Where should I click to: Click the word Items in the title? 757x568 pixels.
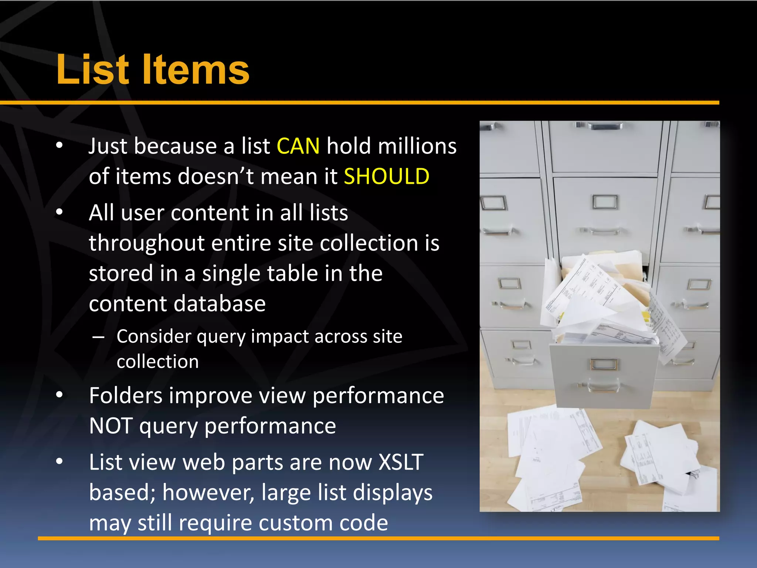click(196, 70)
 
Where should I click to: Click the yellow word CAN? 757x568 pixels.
click(298, 146)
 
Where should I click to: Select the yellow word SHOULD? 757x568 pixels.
click(387, 176)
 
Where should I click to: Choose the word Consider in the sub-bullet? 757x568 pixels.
click(154, 337)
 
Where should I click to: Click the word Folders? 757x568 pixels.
click(126, 396)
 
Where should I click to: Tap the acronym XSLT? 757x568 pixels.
click(401, 462)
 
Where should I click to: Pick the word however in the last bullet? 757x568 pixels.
click(208, 493)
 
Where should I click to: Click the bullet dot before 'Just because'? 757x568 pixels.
click(60, 146)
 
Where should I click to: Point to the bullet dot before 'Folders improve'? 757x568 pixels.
click(60, 395)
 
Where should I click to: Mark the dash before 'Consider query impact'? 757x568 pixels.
click(98, 337)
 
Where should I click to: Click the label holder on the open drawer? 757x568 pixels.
click(603, 364)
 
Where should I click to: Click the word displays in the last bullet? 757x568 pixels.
click(393, 493)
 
